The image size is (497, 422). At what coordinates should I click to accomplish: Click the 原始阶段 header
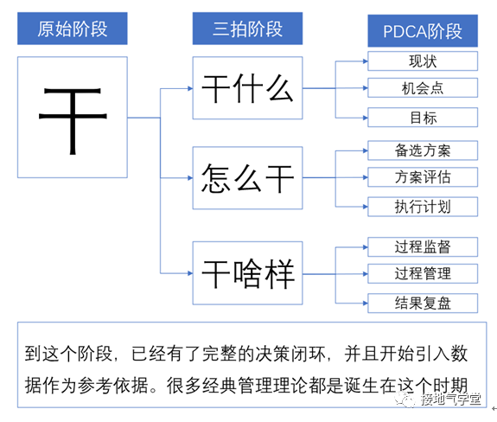(73, 30)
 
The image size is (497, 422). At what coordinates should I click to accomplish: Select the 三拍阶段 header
(247, 30)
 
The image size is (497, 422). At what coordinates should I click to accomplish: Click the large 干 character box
(73, 118)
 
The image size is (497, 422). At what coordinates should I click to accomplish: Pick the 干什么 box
(247, 88)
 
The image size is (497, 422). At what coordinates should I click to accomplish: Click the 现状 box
(423, 61)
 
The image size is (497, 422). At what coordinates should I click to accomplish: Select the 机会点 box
(423, 88)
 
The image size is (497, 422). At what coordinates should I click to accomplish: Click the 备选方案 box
(423, 150)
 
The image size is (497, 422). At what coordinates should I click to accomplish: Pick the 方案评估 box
(423, 177)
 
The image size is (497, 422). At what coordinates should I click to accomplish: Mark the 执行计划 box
(423, 206)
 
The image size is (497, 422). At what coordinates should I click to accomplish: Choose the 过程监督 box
(423, 246)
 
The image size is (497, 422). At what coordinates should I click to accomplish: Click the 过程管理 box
(423, 274)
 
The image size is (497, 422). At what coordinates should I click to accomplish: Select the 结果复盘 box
(423, 303)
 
